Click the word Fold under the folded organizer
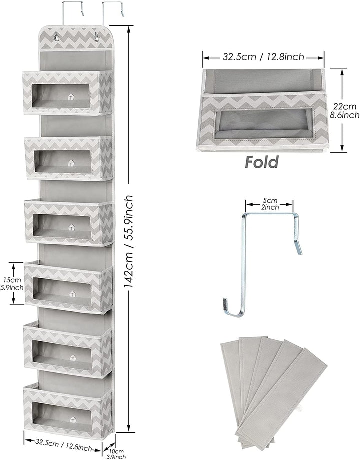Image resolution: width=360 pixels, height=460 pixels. point(262,162)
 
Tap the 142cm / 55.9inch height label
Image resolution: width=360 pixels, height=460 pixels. point(128,241)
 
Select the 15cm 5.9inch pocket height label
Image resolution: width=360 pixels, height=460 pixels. point(12,283)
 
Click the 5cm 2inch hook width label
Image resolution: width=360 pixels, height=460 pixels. point(270,204)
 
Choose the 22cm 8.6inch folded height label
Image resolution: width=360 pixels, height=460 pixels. point(345,110)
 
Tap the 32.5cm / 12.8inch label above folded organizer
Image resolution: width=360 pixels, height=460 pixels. point(263,57)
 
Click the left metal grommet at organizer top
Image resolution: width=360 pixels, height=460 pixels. point(56,37)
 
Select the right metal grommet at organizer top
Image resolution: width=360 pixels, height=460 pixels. point(96,37)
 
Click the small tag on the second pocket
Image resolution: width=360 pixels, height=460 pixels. point(71,163)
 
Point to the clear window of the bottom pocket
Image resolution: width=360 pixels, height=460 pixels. point(62,413)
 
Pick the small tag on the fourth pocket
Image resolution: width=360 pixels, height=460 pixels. point(72,294)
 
